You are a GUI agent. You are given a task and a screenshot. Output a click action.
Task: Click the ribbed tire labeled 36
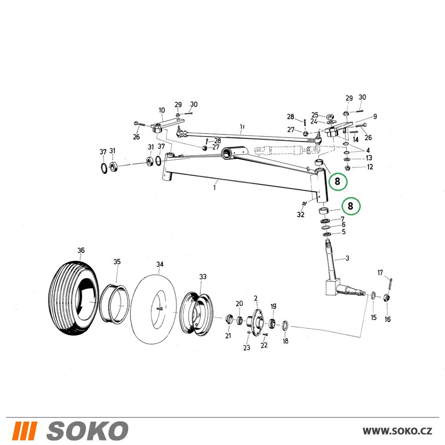pos(73,298)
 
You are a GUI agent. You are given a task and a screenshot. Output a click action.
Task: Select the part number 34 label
pos(160,264)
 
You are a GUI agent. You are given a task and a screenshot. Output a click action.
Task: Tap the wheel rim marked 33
pos(196,315)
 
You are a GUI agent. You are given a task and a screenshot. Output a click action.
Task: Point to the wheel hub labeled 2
pos(255,322)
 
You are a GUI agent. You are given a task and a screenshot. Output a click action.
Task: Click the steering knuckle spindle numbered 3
pos(332,272)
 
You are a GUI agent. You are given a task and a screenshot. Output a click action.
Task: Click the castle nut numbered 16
pos(387,298)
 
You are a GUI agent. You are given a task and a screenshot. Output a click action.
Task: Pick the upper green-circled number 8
pos(337,181)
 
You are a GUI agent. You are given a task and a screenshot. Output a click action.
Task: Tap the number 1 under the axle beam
pos(214,188)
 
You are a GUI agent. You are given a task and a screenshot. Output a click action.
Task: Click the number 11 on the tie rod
pos(242,126)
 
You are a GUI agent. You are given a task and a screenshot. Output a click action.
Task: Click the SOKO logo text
pos(87,430)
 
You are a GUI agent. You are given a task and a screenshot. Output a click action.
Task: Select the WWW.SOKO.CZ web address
pos(397,431)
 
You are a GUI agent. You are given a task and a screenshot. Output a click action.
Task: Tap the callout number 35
pos(117,262)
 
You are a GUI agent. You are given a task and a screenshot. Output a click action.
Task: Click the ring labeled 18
pos(285,325)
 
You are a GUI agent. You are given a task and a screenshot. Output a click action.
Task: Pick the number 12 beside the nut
pos(370,167)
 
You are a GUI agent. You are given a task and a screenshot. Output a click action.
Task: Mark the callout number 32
pos(300,214)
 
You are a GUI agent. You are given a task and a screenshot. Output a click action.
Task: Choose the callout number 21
pos(228,336)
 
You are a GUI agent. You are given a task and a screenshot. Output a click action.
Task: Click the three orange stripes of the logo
pos(25,431)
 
